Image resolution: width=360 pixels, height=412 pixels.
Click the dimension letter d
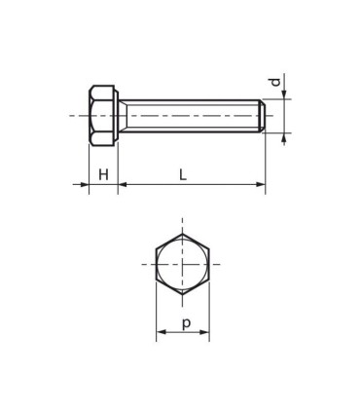pos(275,84)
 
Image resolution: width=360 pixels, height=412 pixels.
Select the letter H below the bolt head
pos(103,174)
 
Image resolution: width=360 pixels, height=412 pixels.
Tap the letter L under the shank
pos(183,174)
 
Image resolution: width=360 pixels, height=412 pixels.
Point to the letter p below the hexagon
pos(183,322)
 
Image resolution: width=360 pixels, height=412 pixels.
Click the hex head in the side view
pos(100,116)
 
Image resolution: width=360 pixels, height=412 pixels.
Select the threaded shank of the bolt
pos(190,116)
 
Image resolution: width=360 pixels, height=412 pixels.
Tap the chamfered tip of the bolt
pos(262,116)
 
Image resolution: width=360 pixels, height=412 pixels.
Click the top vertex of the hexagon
pos(182,234)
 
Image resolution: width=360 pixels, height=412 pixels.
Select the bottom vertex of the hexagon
pos(182,291)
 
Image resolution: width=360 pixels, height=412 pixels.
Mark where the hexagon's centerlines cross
pos(182,263)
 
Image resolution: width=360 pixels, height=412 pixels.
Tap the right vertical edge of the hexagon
pos(207,263)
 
